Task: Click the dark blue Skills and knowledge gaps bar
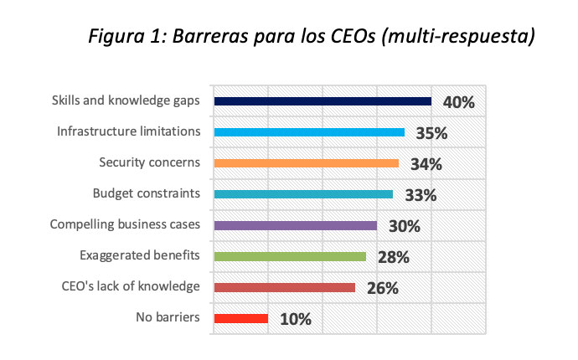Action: coord(323,101)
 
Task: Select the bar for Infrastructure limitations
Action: coord(309,132)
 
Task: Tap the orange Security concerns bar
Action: coord(307,163)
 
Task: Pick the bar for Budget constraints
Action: coord(303,194)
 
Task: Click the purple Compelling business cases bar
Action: coord(296,225)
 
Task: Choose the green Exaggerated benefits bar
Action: coord(290,256)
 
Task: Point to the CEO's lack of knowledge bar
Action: coord(285,287)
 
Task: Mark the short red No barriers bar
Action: coord(241,318)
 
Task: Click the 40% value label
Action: coord(458,103)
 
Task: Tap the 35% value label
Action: coord(431,134)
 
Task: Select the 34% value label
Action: coord(426,165)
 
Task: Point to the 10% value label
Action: coord(295,320)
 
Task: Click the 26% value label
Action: coord(382,289)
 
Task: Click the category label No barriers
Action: coord(168,317)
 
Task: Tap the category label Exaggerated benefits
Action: coord(140,255)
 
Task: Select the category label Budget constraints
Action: coord(146,193)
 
